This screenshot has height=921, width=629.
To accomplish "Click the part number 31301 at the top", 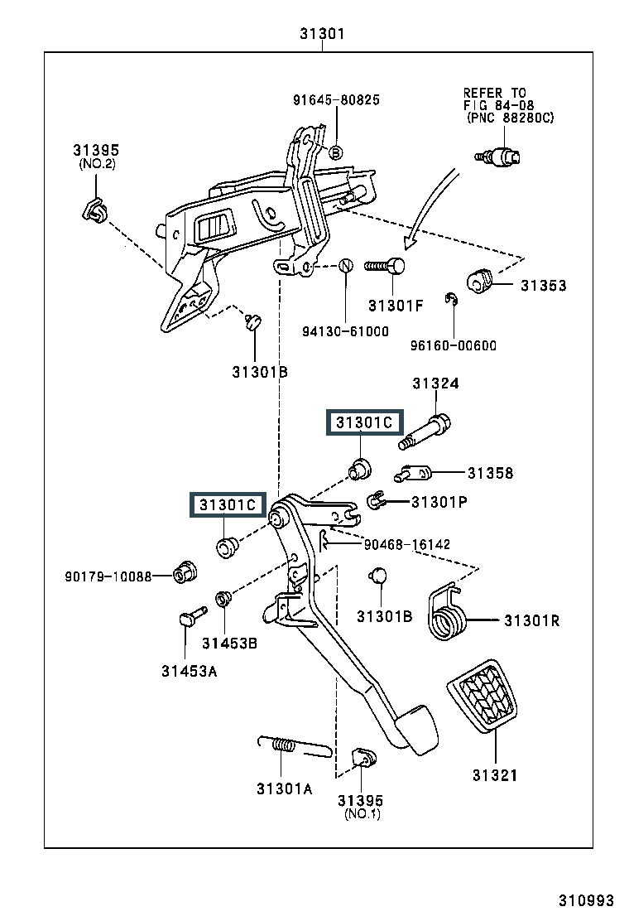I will (x=322, y=35).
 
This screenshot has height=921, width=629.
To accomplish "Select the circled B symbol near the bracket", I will (x=336, y=152).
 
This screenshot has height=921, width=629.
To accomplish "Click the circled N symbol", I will (x=346, y=266).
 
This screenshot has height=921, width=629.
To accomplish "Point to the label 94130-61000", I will (x=345, y=331).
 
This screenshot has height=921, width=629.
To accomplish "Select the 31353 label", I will (x=543, y=286).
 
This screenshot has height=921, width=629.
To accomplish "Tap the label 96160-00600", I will (x=454, y=345).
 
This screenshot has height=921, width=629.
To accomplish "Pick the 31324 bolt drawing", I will (x=425, y=432).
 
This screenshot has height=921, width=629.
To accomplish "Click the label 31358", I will (x=490, y=474).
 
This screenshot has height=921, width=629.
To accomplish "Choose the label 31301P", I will (x=439, y=501).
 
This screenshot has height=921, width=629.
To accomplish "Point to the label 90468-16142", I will (x=407, y=544).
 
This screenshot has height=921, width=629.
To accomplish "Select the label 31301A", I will (x=284, y=788).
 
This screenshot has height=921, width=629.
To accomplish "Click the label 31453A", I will (x=189, y=671).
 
